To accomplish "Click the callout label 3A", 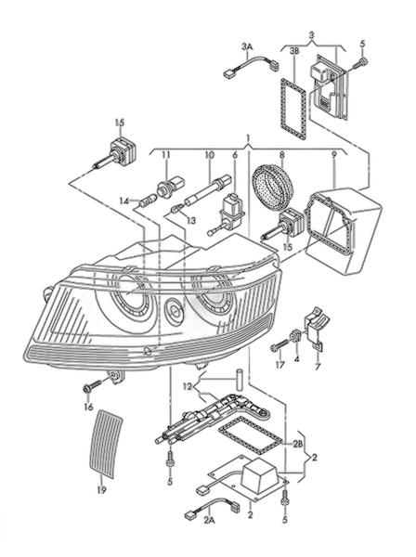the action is [x=247, y=46].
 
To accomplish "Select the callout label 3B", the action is [x=294, y=51].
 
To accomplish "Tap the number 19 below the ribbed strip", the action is [x=101, y=490].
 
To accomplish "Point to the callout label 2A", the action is [x=209, y=521].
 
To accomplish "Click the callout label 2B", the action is [x=298, y=443].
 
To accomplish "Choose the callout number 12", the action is [x=188, y=386].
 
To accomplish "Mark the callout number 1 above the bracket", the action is [x=249, y=137].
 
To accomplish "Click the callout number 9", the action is [x=333, y=154].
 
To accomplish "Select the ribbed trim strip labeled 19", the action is [x=106, y=444].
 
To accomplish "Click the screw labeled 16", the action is [x=91, y=386].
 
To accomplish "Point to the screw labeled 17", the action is [x=279, y=345].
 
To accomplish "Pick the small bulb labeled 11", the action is [x=171, y=187].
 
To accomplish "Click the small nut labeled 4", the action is [x=295, y=335].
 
